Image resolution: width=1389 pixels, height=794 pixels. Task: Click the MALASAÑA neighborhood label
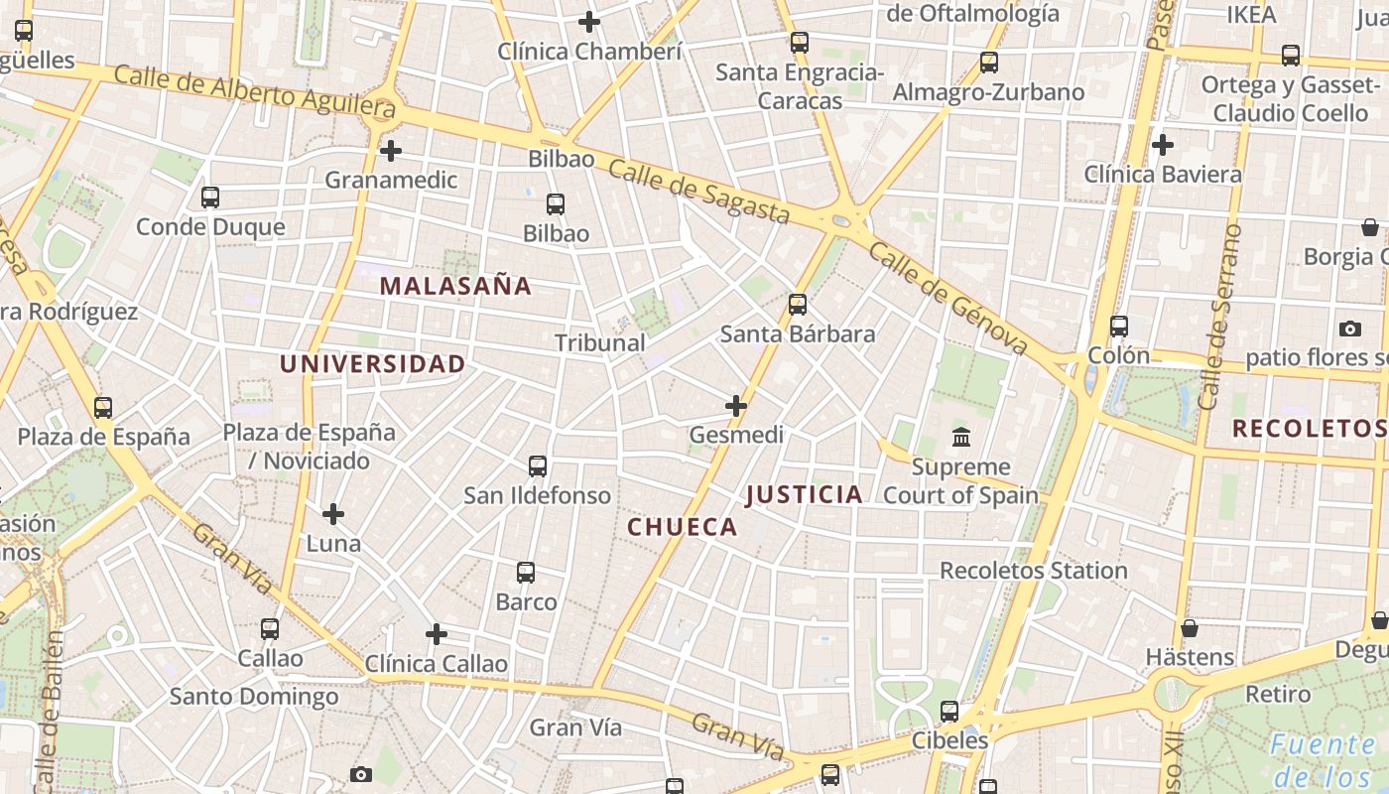tap(455, 287)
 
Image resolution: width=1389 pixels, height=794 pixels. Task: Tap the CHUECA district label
tap(683, 527)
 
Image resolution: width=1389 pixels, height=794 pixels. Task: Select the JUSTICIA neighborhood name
tap(804, 494)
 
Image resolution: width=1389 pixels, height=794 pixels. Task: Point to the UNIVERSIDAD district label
tap(372, 364)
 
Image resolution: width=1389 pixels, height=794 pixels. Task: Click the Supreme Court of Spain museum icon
tap(960, 437)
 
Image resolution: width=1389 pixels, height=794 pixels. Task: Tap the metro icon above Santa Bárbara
tap(798, 305)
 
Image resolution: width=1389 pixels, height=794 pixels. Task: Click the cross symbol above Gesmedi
tap(736, 406)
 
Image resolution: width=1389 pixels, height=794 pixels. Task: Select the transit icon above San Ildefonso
tap(538, 466)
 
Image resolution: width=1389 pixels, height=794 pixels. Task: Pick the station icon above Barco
tap(526, 573)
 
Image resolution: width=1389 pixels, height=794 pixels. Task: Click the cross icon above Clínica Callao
tap(436, 634)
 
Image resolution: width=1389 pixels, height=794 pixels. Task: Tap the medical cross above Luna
tap(333, 514)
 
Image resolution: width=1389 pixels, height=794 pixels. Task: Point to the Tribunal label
tap(599, 343)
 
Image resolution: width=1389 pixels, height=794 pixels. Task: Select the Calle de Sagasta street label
tap(698, 193)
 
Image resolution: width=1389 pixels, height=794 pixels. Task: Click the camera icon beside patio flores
tap(1350, 329)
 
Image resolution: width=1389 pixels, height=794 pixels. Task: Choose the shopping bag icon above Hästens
tap(1189, 628)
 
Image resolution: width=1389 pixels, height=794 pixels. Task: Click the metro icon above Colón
tap(1119, 326)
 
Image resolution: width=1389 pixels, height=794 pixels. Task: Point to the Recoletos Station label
tap(1033, 571)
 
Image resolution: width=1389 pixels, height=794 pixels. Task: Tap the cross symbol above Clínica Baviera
tap(1163, 145)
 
